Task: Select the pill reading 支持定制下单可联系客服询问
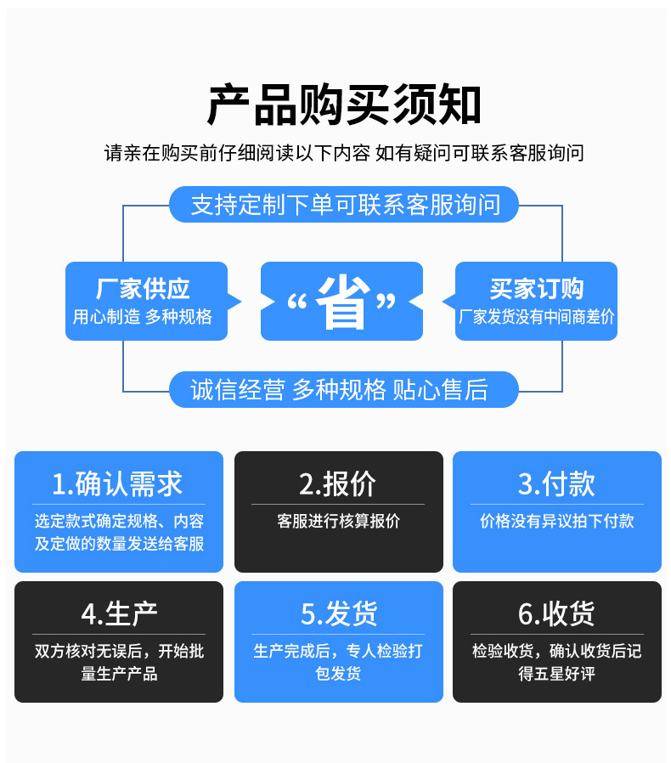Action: pyautogui.click(x=344, y=205)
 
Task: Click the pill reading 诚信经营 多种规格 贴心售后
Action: pyautogui.click(x=339, y=389)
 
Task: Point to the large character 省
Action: pyautogui.click(x=342, y=302)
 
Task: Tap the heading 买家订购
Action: pyautogui.click(x=536, y=289)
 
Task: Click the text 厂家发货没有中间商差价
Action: pyautogui.click(x=536, y=317)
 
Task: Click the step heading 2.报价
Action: pyautogui.click(x=337, y=483)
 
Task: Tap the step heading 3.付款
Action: pyautogui.click(x=556, y=483)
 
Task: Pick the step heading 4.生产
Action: pyautogui.click(x=119, y=613)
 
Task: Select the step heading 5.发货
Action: pyautogui.click(x=339, y=613)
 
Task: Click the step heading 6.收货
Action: pyautogui.click(x=556, y=613)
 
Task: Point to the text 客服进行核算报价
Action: pyautogui.click(x=338, y=521)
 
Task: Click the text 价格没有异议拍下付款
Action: pyautogui.click(x=556, y=521)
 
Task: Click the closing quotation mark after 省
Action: pyautogui.click(x=386, y=301)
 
